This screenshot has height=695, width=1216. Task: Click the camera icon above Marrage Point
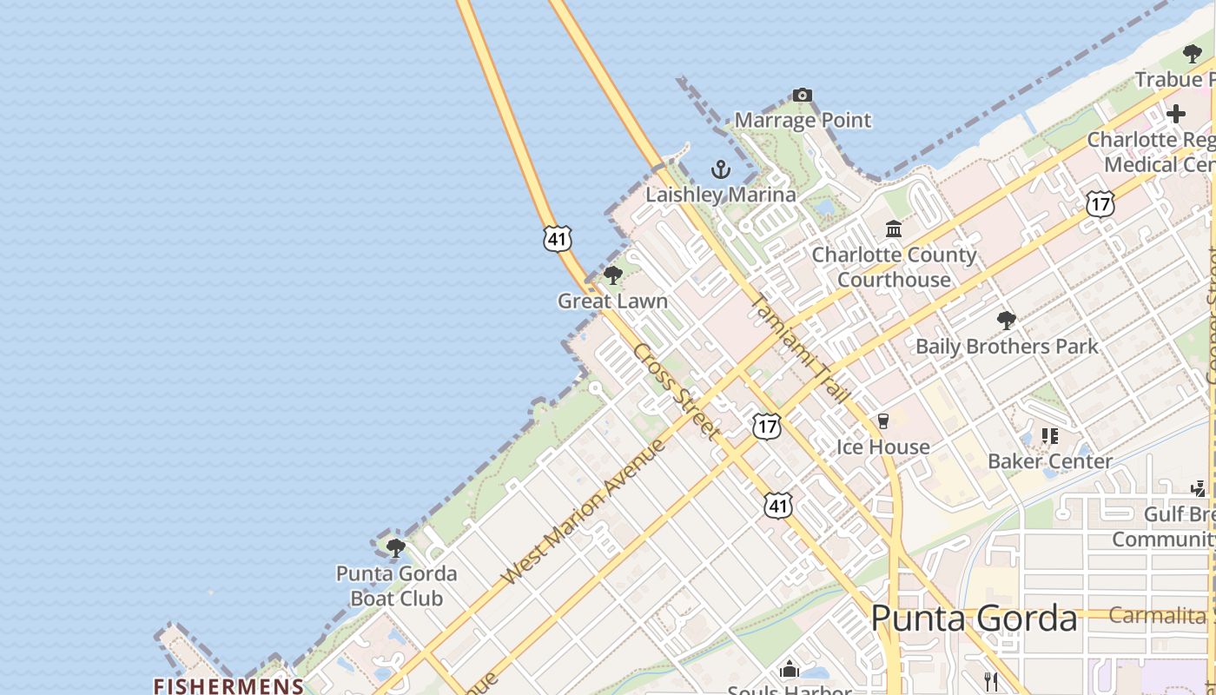[803, 95]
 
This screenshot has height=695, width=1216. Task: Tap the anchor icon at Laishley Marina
[720, 169]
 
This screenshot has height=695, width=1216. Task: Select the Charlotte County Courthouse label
[894, 267]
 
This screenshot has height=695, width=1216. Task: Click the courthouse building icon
[894, 228]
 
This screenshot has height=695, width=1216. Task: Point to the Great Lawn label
[612, 301]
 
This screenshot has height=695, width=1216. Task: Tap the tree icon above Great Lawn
[613, 276]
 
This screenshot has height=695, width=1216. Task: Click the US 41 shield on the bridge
[558, 237]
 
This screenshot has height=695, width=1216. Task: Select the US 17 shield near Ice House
[766, 426]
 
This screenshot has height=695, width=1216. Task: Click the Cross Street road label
[677, 391]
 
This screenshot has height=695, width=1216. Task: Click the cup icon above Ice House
[883, 421]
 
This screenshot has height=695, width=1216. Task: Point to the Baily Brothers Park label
[1007, 347]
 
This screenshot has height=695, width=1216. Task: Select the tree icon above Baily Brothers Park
[1007, 321]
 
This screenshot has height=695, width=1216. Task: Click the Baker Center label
[1050, 461]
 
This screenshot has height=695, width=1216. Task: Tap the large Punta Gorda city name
[974, 619]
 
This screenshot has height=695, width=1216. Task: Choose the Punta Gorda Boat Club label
[396, 586]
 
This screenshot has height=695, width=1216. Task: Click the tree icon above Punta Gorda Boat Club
[396, 547]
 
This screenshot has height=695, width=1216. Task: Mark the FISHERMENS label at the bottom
[228, 686]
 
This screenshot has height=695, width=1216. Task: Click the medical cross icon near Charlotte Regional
[1176, 114]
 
